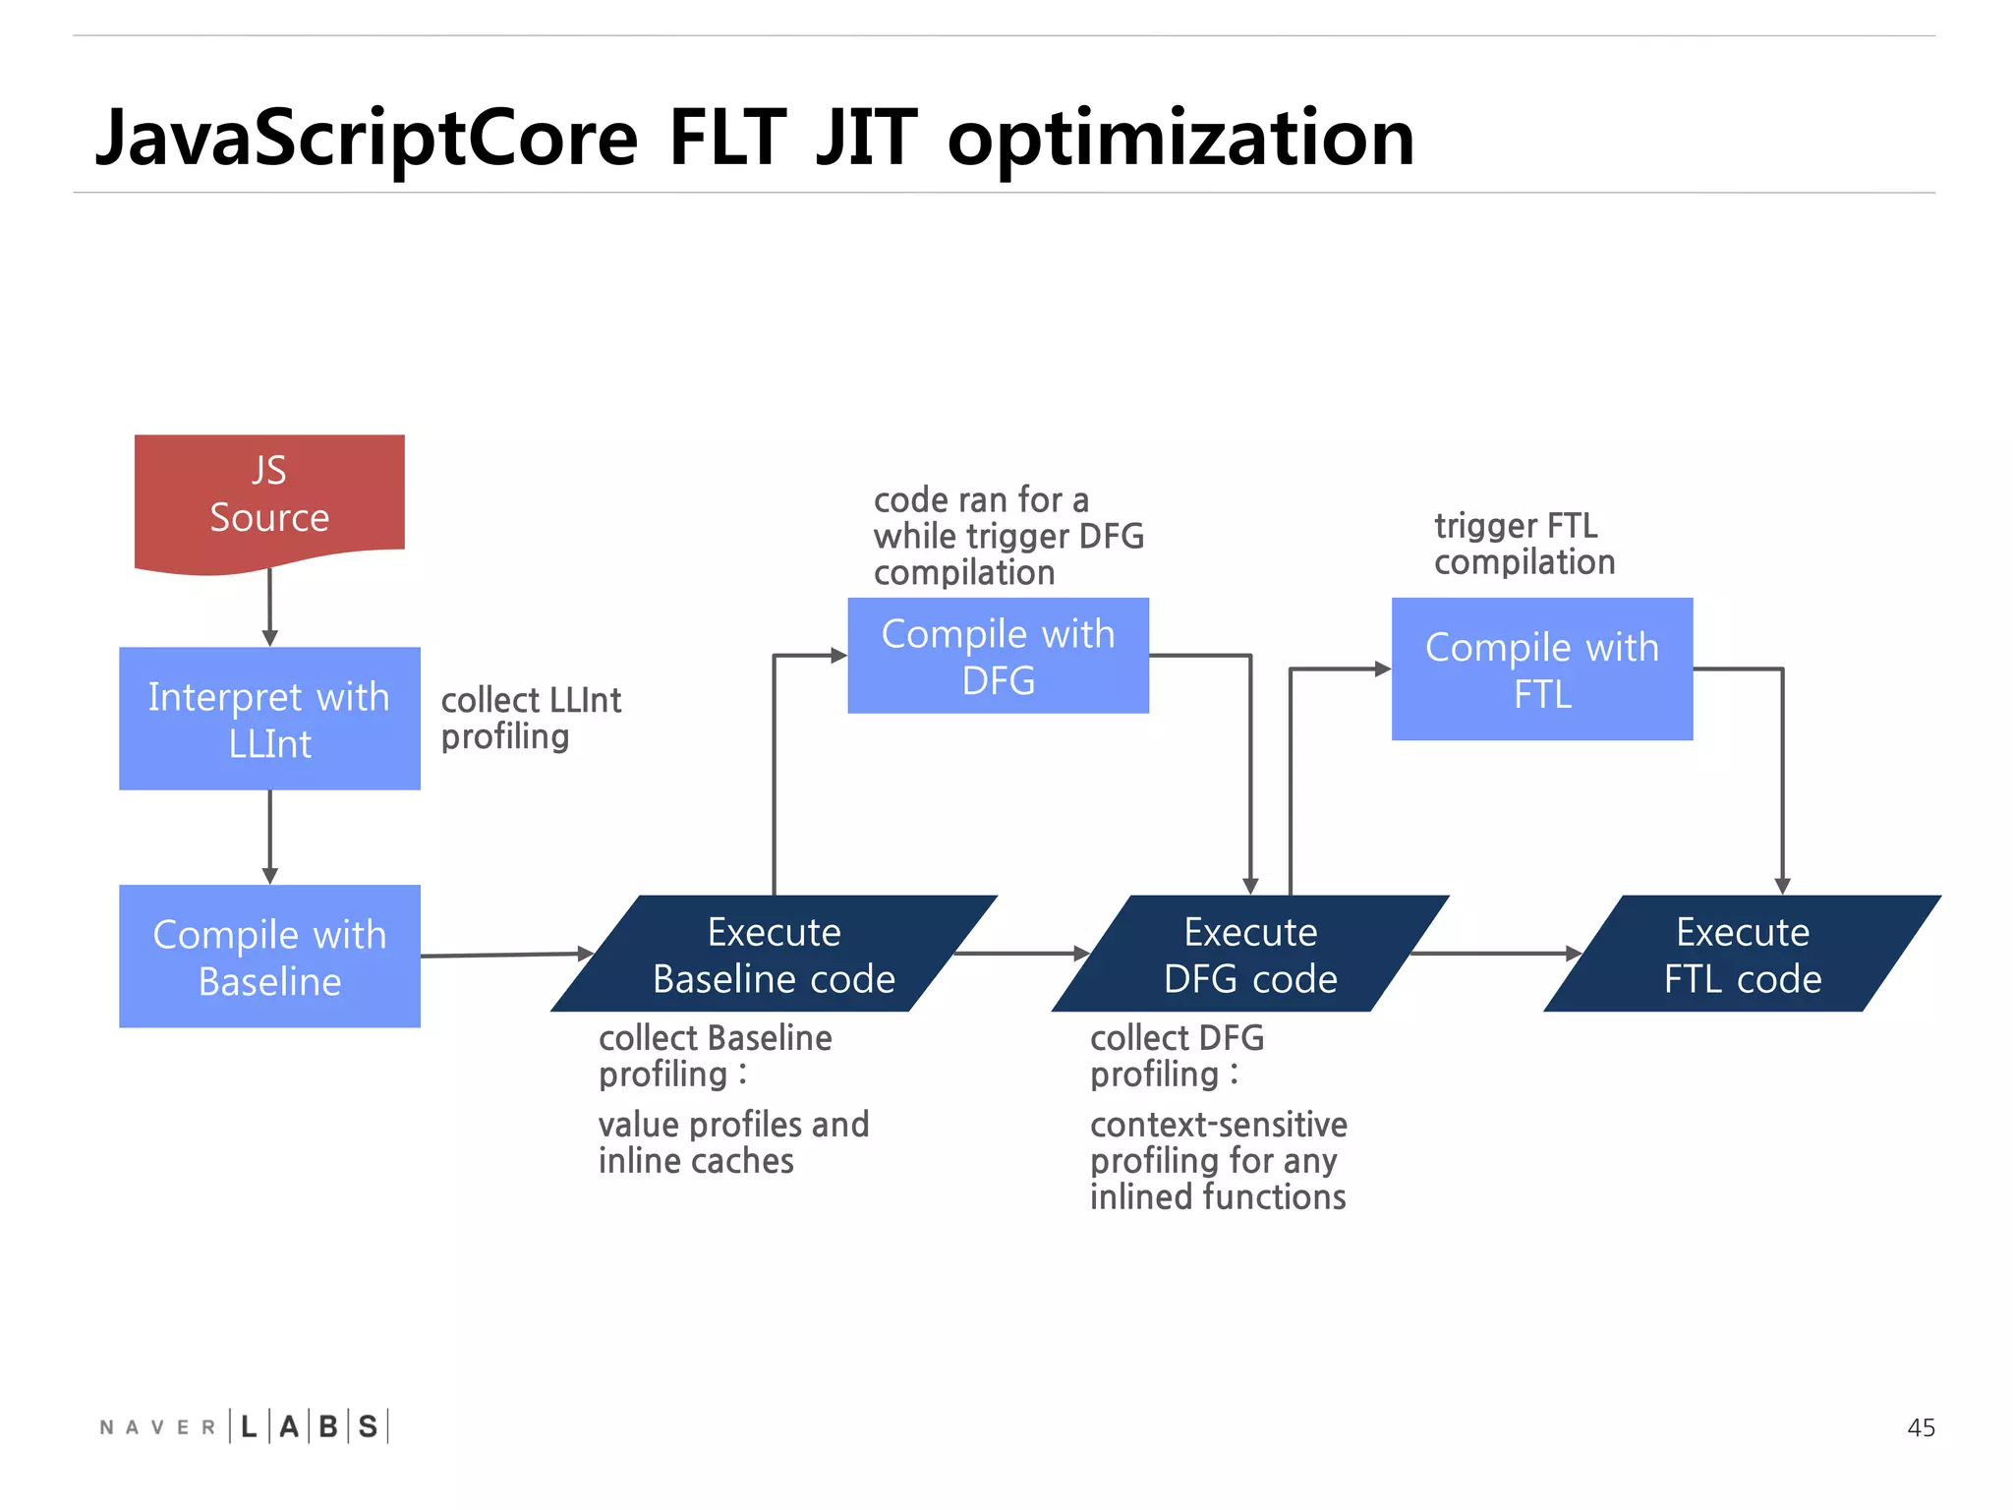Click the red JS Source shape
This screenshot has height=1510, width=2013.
269,496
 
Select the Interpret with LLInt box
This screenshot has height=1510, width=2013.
269,719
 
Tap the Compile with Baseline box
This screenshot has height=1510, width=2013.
269,957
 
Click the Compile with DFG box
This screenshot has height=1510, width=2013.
998,656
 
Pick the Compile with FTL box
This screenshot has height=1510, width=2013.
1541,669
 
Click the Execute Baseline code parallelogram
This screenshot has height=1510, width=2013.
774,954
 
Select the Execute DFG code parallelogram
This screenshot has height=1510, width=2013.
1249,954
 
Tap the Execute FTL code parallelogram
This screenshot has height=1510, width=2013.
1742,954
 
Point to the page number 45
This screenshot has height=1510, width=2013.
1920,1427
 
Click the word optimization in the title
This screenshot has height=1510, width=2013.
1179,138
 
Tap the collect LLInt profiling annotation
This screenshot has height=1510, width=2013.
531,719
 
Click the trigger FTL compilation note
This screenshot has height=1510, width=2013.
1524,544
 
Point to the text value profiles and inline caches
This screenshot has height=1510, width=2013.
733,1142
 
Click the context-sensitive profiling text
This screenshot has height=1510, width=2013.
1218,1160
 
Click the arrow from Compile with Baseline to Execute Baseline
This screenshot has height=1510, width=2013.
505,954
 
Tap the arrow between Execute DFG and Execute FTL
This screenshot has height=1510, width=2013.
1494,953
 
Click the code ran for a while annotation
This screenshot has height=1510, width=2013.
1008,537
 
